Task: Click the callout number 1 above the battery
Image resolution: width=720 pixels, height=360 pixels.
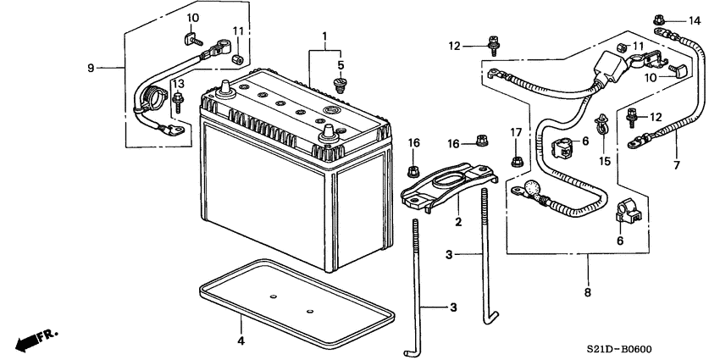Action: pyautogui.click(x=323, y=36)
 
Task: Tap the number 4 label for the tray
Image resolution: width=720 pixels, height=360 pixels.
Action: pyautogui.click(x=241, y=341)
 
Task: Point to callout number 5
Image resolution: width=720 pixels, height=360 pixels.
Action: pyautogui.click(x=341, y=64)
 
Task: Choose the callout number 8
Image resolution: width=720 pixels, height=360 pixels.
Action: pyautogui.click(x=586, y=292)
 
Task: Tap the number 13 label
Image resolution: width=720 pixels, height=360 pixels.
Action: pyautogui.click(x=179, y=84)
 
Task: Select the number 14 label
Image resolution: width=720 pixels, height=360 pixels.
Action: pyautogui.click(x=695, y=20)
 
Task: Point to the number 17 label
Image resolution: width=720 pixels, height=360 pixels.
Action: pyautogui.click(x=516, y=131)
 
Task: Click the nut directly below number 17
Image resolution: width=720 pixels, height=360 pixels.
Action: pyautogui.click(x=516, y=160)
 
